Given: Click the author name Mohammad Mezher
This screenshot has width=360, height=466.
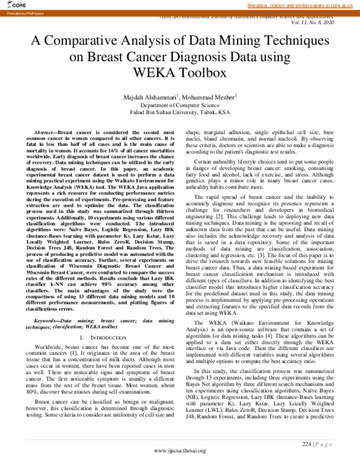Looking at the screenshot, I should point(210,96).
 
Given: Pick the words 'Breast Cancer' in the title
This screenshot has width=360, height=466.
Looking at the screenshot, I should point(140,58).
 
